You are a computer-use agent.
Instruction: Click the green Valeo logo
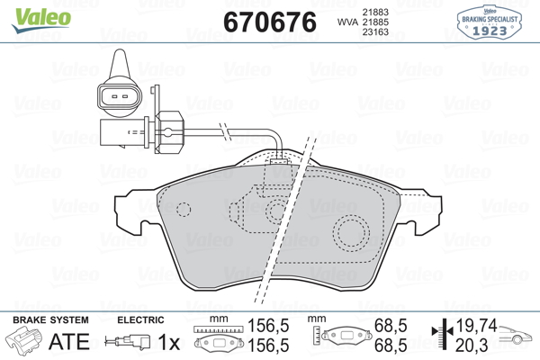coord(41,20)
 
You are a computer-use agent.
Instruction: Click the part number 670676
coord(270,22)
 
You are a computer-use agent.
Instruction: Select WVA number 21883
coord(375,12)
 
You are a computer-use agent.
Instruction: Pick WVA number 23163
coord(375,32)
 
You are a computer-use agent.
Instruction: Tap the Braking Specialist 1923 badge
coord(490,22)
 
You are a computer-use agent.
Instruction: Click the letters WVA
coord(347,22)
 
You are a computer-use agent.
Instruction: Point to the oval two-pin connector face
coord(119,96)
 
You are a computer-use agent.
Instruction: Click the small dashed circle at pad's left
coord(184,209)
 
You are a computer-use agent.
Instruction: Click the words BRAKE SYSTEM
coord(50,320)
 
